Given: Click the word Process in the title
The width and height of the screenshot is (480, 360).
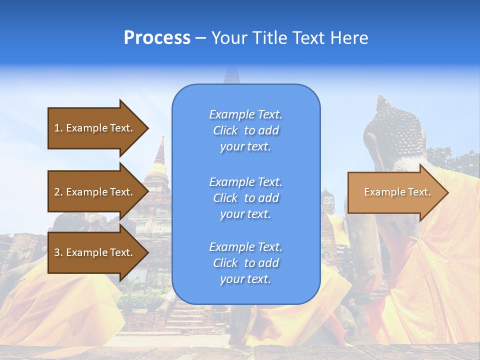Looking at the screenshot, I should [x=157, y=38].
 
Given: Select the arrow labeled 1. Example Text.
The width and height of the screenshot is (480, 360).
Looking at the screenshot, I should [x=95, y=128].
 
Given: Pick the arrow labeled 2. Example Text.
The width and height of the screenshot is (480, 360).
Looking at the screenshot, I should [x=95, y=192].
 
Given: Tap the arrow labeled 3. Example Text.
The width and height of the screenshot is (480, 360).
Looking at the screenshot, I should [x=95, y=252].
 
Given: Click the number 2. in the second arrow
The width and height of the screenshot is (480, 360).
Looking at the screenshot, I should [x=58, y=192].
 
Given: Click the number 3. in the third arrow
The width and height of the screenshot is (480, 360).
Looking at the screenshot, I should [x=58, y=252].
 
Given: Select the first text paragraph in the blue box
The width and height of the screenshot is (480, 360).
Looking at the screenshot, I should [x=245, y=130].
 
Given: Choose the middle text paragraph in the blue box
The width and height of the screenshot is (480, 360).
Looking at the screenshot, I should [x=245, y=198].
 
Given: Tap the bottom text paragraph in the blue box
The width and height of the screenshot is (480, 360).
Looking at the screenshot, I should [x=245, y=263].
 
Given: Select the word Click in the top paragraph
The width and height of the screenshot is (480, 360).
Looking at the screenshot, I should [x=225, y=130].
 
